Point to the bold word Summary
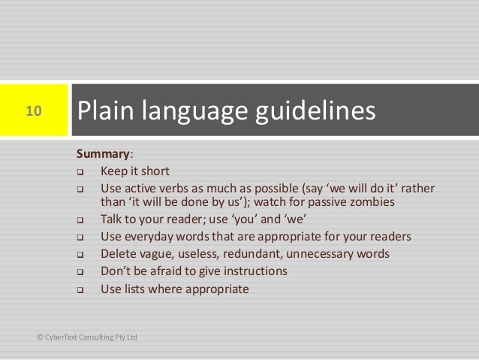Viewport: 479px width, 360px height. click(103, 155)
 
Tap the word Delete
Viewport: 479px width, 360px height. click(119, 253)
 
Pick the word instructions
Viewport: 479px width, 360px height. click(255, 271)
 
